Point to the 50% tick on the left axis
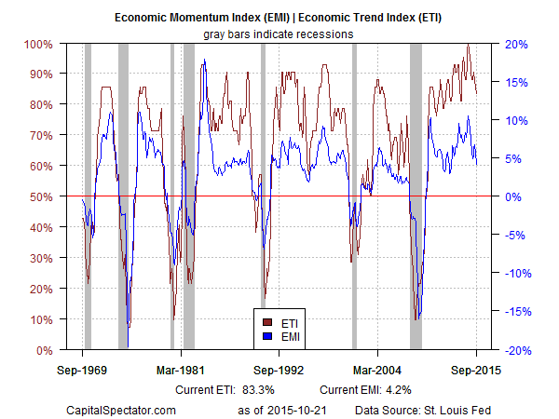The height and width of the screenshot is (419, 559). coord(39,196)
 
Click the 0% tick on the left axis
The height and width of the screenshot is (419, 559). coord(42,350)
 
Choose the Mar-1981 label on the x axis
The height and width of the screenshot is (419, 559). coord(181,370)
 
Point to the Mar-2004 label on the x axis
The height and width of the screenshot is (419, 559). coord(377,370)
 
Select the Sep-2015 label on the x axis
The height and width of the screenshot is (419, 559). coord(476,370)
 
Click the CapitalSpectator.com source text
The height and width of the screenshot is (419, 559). coord(120,409)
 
